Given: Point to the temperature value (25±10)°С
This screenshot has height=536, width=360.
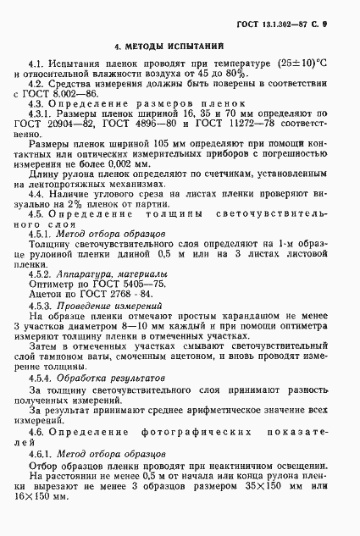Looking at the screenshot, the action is coord(298,63).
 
